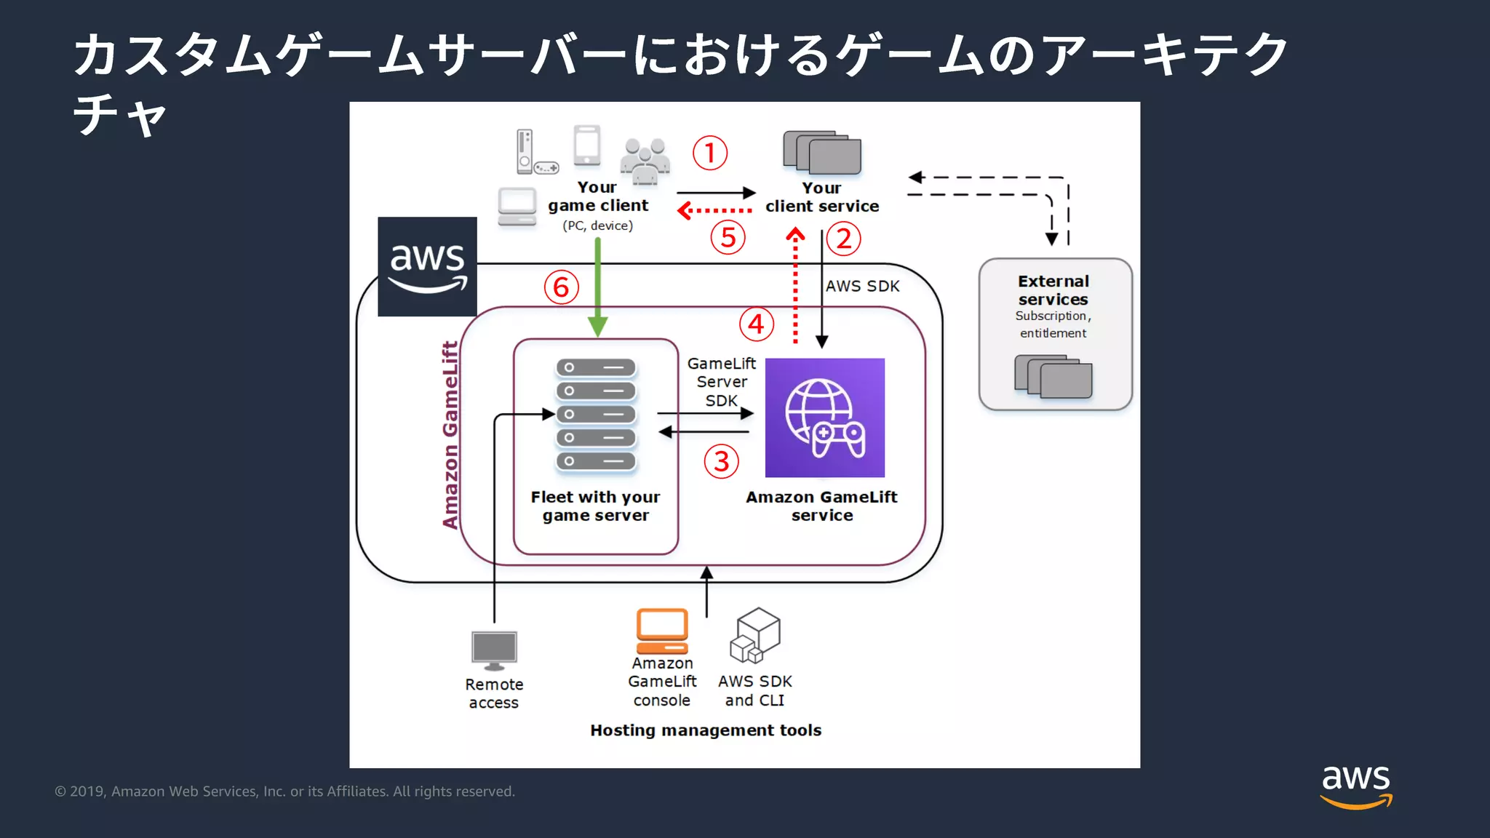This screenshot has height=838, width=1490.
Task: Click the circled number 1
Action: pyautogui.click(x=710, y=153)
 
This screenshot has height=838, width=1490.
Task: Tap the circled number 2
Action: pyautogui.click(x=843, y=239)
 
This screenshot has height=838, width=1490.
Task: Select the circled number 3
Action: pyautogui.click(x=721, y=461)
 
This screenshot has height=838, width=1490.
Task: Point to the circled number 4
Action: pyautogui.click(x=757, y=324)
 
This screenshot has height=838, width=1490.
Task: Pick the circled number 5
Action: pyautogui.click(x=728, y=237)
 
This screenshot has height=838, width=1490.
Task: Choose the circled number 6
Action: pyautogui.click(x=561, y=287)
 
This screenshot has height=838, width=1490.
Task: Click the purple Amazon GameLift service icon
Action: pyautogui.click(x=825, y=418)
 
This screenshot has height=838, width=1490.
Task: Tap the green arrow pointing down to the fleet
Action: pyautogui.click(x=597, y=287)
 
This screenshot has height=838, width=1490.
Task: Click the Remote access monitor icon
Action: pyautogui.click(x=494, y=650)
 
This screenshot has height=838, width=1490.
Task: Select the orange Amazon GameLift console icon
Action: pyautogui.click(x=662, y=631)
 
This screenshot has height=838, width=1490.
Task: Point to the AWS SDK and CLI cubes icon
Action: pyautogui.click(x=755, y=636)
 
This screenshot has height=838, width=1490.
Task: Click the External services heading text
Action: pyautogui.click(x=1053, y=290)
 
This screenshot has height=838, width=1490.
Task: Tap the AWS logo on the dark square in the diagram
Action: pyautogui.click(x=428, y=267)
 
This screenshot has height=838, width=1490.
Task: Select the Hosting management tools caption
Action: pyautogui.click(x=706, y=730)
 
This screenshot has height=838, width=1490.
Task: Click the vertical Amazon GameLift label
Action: pyautogui.click(x=450, y=435)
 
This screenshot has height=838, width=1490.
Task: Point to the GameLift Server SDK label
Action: pyautogui.click(x=722, y=382)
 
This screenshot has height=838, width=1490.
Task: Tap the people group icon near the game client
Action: pyautogui.click(x=645, y=161)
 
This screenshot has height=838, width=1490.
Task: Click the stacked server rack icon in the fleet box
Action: pyautogui.click(x=596, y=415)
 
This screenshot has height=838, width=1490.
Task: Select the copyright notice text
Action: pyautogui.click(x=285, y=791)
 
